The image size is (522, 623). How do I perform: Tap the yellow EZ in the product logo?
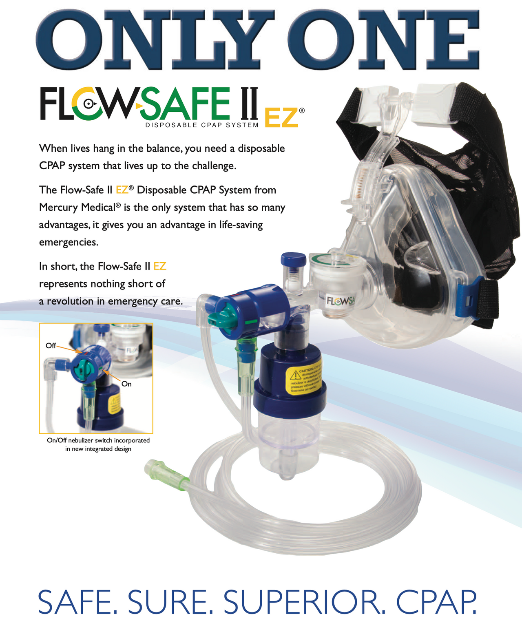point(281,118)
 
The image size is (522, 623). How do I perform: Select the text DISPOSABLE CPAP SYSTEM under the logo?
point(202,125)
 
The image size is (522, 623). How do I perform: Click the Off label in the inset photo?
point(51,346)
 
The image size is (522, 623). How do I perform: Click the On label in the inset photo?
point(126,384)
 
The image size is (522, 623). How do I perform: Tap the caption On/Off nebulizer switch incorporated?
point(98,440)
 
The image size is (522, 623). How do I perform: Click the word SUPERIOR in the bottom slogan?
point(304,602)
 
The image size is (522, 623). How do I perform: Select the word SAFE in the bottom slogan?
point(77,602)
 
